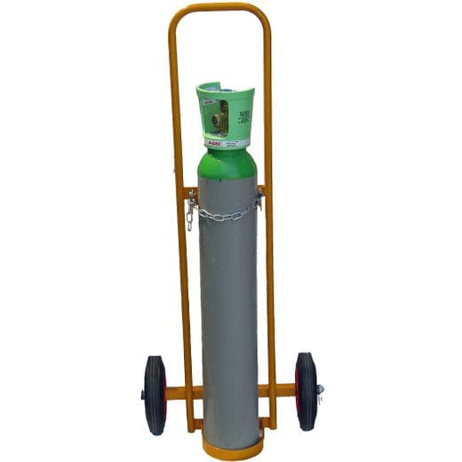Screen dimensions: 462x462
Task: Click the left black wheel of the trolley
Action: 154,392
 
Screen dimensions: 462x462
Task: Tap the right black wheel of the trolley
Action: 306,391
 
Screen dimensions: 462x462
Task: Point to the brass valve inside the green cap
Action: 222,114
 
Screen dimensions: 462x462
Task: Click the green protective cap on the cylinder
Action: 225,110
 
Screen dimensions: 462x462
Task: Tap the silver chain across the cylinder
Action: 227,214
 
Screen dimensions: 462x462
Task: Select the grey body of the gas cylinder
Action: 228,311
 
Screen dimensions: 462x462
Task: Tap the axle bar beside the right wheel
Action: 283,390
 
